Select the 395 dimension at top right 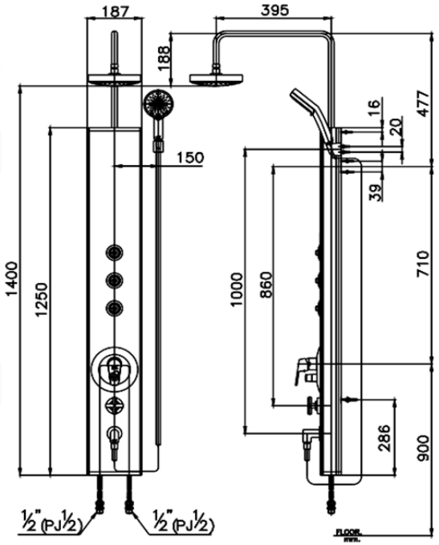point(274,10)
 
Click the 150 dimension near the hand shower point(189,158)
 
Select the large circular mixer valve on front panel point(116,370)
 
